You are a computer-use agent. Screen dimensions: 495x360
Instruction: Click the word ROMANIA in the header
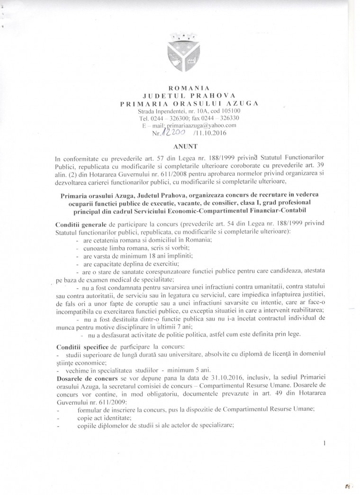click(x=180, y=88)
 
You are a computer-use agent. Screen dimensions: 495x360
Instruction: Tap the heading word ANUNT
click(x=180, y=147)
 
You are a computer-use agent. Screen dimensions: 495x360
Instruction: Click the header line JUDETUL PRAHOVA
click(x=180, y=96)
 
